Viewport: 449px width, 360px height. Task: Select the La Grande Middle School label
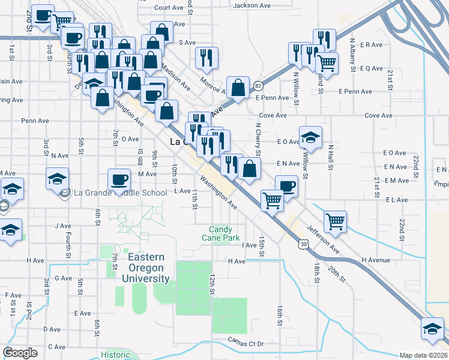[x=119, y=193]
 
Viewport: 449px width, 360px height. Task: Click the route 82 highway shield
[x=258, y=85]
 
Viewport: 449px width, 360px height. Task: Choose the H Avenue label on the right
[x=376, y=260]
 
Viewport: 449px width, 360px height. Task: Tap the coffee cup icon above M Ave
[x=119, y=178]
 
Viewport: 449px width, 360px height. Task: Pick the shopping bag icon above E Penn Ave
[x=238, y=86]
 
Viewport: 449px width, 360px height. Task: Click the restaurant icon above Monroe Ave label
[x=206, y=57]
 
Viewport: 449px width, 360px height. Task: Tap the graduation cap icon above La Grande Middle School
[x=58, y=178]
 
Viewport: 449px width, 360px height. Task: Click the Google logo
[x=20, y=353]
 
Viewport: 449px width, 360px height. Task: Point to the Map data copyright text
[x=424, y=355]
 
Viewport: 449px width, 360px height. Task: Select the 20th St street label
[x=336, y=272]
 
